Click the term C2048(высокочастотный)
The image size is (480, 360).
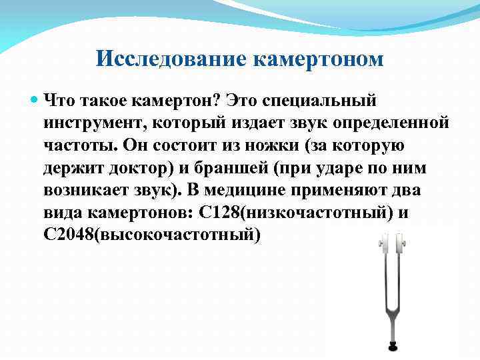coord(152,235)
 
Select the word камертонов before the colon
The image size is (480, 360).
coord(139,213)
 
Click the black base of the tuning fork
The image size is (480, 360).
coord(391,346)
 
